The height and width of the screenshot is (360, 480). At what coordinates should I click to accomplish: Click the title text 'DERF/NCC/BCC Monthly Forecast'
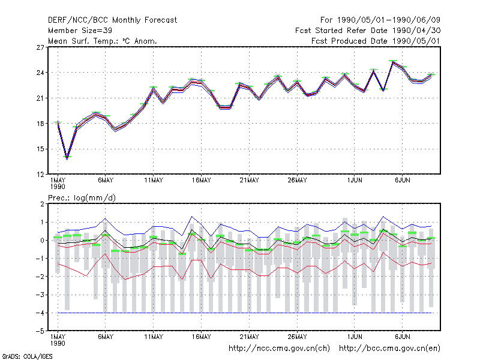click(x=112, y=20)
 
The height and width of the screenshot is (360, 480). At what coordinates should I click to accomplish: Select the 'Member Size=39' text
click(x=80, y=31)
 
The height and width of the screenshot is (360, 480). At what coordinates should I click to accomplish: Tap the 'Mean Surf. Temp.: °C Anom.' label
click(x=103, y=41)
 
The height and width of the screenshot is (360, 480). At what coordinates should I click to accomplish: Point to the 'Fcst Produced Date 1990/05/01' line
click(x=376, y=41)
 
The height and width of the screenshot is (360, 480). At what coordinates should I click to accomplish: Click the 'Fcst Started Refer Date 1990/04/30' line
click(x=368, y=31)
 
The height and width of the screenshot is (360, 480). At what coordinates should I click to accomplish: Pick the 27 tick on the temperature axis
click(x=40, y=47)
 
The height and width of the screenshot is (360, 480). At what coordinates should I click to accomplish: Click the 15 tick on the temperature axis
click(x=40, y=149)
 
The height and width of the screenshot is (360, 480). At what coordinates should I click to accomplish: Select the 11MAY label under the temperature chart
click(x=154, y=181)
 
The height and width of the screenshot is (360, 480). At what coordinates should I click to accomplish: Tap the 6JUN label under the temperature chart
click(x=402, y=181)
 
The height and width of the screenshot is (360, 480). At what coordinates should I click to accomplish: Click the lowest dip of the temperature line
click(x=67, y=158)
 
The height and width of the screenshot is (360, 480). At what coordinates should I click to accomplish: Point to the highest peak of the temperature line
click(x=393, y=62)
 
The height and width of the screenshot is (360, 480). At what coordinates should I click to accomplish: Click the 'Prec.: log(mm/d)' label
click(x=82, y=198)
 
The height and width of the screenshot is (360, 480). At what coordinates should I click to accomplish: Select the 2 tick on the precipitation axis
click(x=42, y=204)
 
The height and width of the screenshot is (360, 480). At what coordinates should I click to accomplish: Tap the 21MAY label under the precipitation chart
click(x=249, y=337)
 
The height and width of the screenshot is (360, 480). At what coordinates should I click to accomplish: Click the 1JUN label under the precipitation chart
click(x=355, y=337)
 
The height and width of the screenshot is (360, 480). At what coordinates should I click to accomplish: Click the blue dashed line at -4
click(x=245, y=313)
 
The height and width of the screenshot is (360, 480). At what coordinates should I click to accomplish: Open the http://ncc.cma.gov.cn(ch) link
click(x=279, y=349)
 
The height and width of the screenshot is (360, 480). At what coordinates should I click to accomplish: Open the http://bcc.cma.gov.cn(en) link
click(x=389, y=349)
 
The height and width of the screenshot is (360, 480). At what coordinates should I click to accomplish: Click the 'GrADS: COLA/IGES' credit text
click(x=27, y=356)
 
